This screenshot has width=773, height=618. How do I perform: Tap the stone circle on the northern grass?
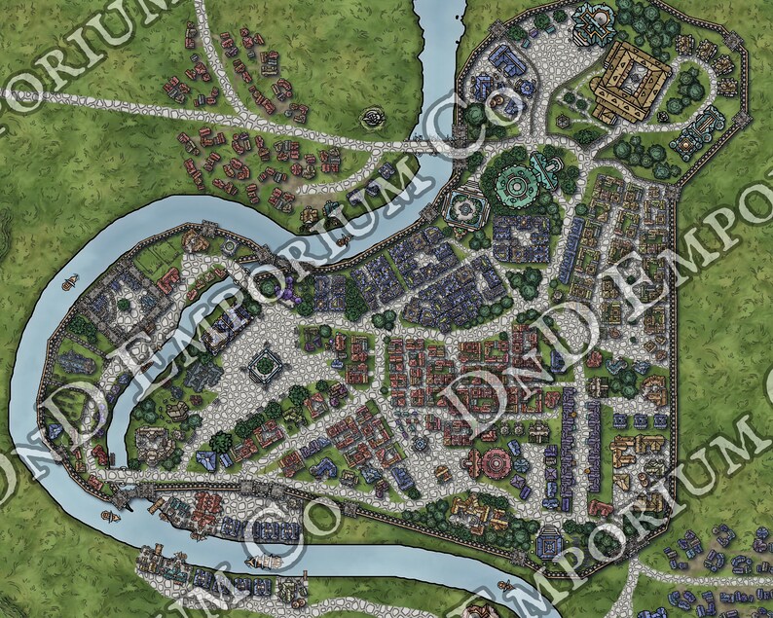coord(373,119)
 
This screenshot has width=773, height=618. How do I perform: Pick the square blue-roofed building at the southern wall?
coord(550,537)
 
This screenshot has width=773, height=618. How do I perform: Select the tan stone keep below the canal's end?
coord(151,443)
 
